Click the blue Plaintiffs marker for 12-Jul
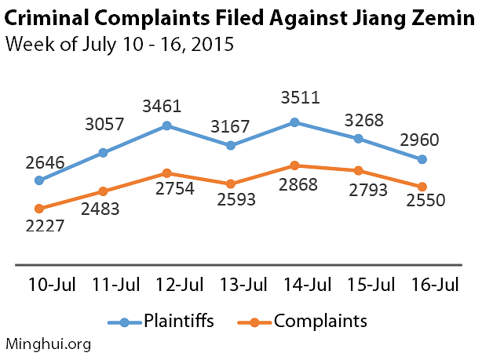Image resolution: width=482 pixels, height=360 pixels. coord(167,125)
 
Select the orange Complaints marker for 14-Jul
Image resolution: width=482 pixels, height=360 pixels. coord(294,165)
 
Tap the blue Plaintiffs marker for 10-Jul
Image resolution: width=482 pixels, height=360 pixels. coord(39,180)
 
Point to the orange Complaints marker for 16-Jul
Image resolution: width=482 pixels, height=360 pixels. coord(422,187)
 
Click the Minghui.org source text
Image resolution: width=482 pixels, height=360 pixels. coord(49,343)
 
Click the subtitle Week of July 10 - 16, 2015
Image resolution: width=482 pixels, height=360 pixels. coord(119,43)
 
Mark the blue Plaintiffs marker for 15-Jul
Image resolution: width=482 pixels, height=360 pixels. coord(359,139)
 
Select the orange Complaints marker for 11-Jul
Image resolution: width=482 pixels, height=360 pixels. coord(103,191)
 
